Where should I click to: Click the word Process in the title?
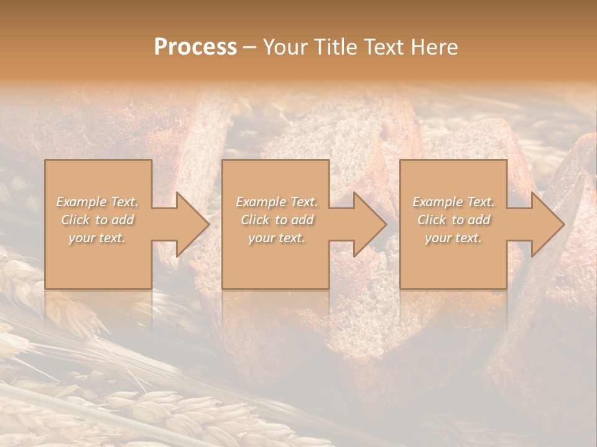point(195,47)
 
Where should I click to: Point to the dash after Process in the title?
point(250,48)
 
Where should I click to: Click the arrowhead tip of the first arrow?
point(208,224)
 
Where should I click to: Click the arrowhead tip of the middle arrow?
point(386,224)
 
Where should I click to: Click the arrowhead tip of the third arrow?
point(563,224)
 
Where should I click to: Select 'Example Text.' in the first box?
point(98,202)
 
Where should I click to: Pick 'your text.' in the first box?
point(98,238)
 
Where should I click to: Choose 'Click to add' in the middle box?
point(277,220)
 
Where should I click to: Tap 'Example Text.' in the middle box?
point(277,202)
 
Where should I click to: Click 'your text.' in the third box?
point(453,238)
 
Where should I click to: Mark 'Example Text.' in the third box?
point(453,202)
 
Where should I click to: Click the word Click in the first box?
point(75,220)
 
